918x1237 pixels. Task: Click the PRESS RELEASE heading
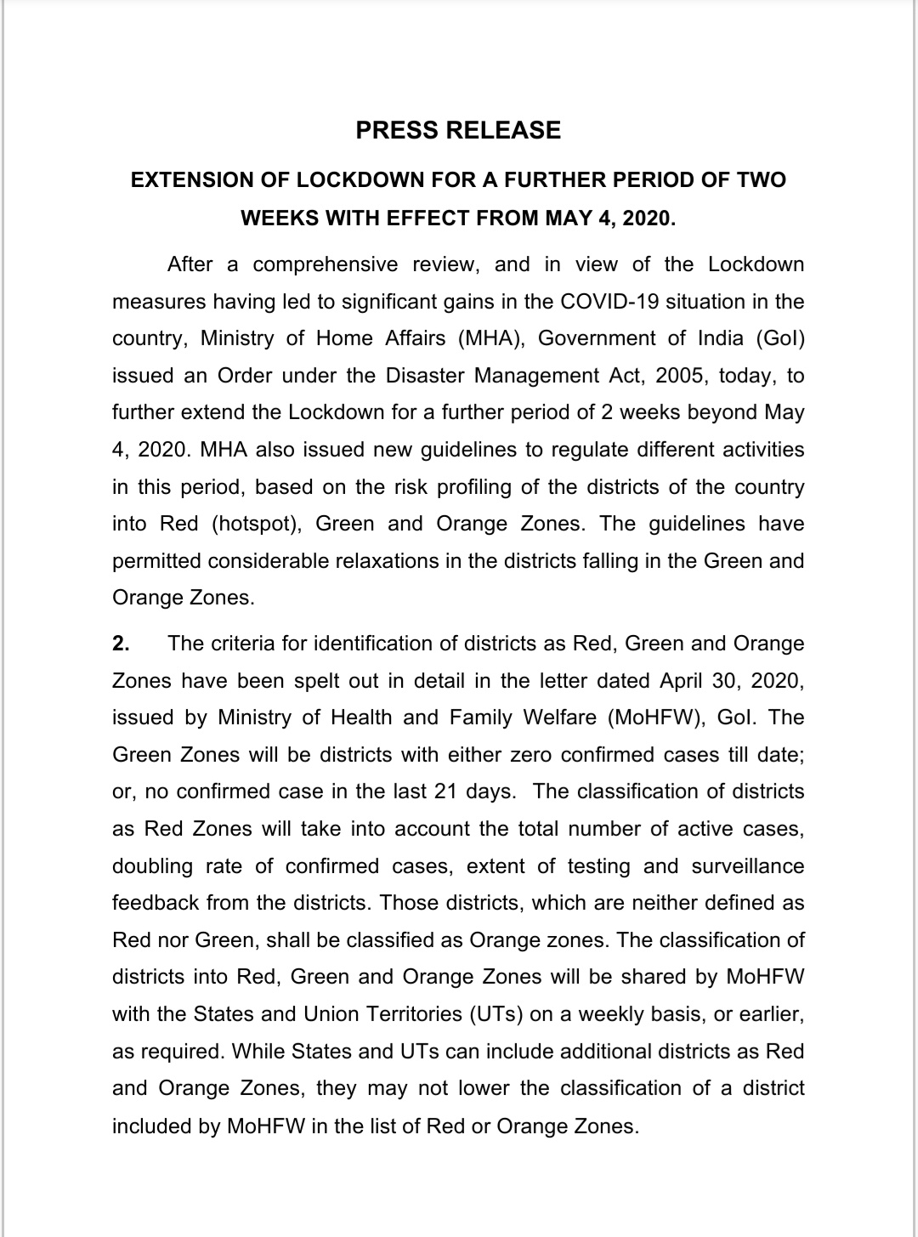coord(458,130)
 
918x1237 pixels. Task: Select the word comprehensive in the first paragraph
coord(326,264)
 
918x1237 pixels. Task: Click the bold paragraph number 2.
coord(121,644)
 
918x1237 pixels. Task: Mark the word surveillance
coord(748,866)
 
